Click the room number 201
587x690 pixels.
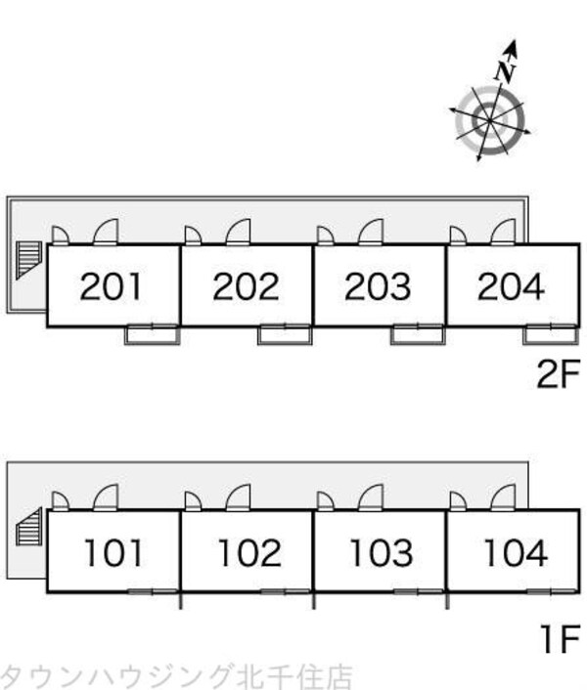(111, 286)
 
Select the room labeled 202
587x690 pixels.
(246, 286)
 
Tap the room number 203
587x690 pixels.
(378, 286)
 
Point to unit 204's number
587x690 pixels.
(511, 286)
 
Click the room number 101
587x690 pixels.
(113, 553)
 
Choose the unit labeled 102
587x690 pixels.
(249, 553)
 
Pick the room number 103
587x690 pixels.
(382, 553)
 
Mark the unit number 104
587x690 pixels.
(516, 553)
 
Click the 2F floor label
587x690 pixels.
(559, 373)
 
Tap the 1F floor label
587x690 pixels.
(561, 639)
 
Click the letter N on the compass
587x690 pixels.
(505, 71)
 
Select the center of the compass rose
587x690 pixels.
(490, 120)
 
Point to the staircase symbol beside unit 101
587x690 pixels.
(29, 527)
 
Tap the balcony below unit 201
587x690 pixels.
(153, 335)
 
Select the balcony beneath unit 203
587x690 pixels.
(418, 335)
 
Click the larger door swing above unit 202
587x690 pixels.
(239, 232)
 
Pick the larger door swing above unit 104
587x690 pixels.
(503, 497)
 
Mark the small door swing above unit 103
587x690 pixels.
(326, 500)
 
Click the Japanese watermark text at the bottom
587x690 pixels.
(176, 676)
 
